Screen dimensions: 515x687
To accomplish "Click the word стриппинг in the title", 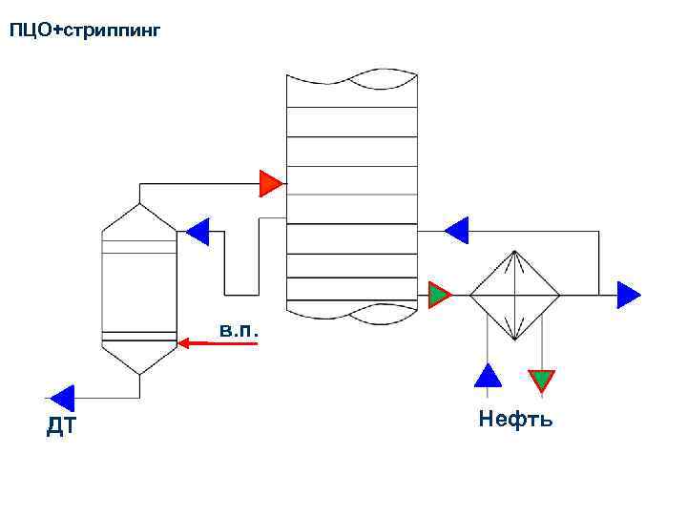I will point(111,32).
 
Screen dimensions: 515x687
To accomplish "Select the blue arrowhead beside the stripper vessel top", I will point(198,231).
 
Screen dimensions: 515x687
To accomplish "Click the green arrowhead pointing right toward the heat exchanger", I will point(439,296).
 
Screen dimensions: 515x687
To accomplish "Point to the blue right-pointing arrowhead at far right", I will point(629,295).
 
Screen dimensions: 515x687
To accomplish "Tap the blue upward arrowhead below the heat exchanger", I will point(488,375).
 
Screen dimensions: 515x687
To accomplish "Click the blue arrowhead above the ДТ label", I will point(62,397).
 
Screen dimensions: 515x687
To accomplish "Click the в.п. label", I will point(236,330).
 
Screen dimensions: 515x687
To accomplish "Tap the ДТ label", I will point(60,428).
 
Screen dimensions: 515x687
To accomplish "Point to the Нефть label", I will point(515,419).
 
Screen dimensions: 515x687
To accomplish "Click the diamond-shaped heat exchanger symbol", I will point(514,296).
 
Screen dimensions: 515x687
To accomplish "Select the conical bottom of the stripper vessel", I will point(140,357).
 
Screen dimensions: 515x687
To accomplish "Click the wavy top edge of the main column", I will point(352,77).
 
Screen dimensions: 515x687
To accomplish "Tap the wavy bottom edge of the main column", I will point(352,311).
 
